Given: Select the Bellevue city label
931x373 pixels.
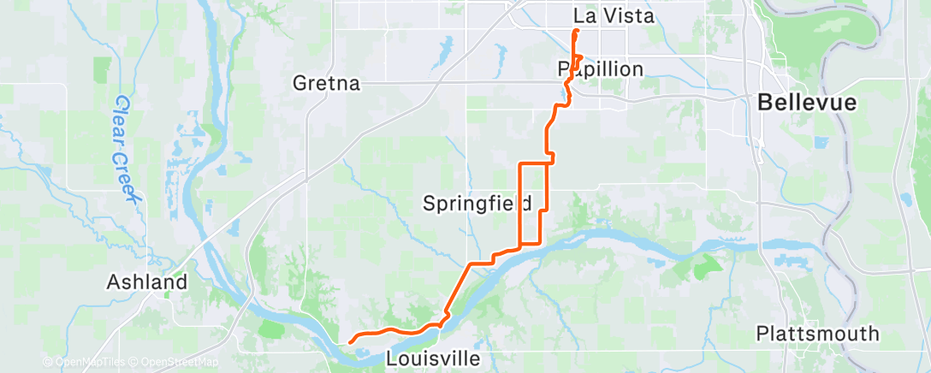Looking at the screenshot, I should coord(806,103).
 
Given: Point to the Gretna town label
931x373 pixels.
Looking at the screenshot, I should coord(326,84).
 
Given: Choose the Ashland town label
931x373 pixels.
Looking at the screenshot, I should coord(146,281).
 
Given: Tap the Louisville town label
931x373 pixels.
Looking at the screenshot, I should coord(432,358).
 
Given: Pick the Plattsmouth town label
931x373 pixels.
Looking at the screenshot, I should coord(817,333).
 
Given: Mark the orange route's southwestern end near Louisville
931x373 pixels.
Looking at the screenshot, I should coord(351,341).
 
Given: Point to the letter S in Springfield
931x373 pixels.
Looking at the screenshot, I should coord(430,203).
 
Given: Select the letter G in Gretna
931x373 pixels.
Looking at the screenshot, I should coord(299,84).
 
